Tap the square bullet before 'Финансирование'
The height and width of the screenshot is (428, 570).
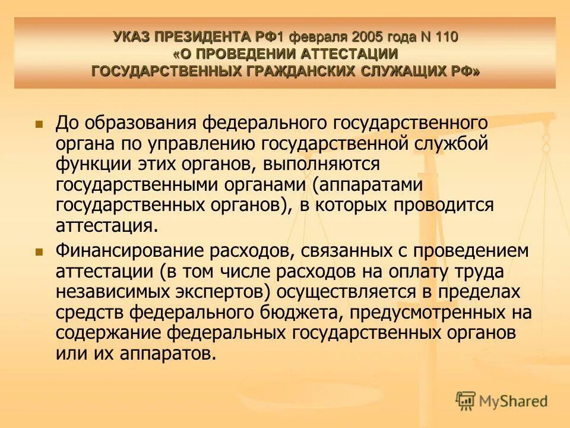click(x=40, y=252)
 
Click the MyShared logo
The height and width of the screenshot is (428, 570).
click(x=502, y=401)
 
